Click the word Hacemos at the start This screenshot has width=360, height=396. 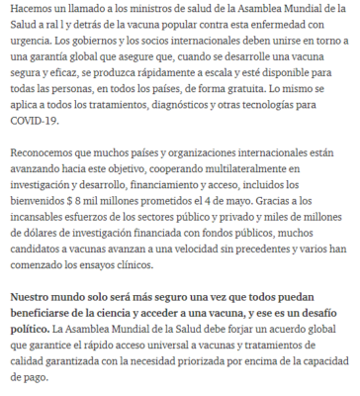[x=31, y=9]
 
